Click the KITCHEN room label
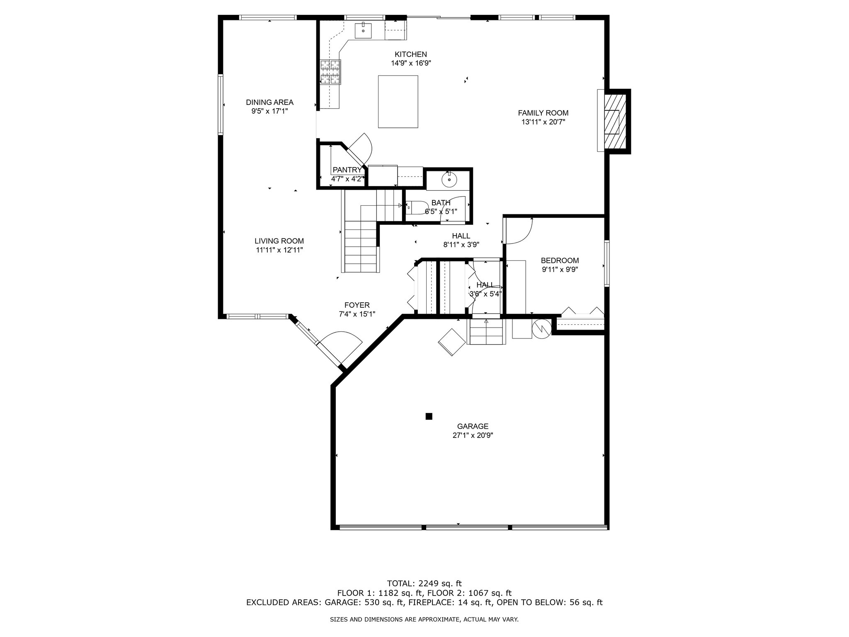[410, 54]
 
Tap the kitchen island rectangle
[398, 101]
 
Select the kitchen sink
[363, 31]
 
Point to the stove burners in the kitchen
[330, 72]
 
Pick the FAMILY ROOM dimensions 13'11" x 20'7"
[543, 122]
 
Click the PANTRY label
[347, 170]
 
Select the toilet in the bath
[417, 207]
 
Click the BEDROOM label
[560, 260]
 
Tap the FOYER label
[357, 305]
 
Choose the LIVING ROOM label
[279, 241]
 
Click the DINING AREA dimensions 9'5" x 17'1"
[269, 111]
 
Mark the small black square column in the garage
[429, 416]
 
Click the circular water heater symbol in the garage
[541, 328]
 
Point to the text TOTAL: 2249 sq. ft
[424, 584]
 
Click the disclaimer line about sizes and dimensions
[424, 620]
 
